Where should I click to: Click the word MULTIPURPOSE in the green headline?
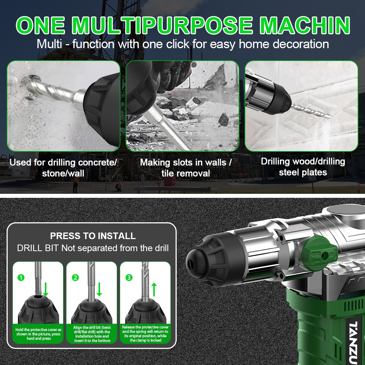(x=162, y=26)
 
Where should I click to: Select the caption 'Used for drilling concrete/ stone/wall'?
(x=63, y=168)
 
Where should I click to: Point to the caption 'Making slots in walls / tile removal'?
(x=186, y=168)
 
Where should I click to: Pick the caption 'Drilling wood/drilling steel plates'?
(x=303, y=167)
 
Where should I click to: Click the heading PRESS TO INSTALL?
(x=93, y=236)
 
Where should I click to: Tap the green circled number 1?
(x=21, y=277)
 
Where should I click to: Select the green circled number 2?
(x=75, y=277)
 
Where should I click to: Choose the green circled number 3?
(x=129, y=277)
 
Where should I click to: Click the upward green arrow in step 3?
(x=154, y=289)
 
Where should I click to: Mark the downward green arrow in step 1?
(x=46, y=289)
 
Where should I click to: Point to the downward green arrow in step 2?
(x=99, y=289)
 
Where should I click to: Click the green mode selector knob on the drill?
(x=319, y=254)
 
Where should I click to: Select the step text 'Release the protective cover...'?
(x=146, y=334)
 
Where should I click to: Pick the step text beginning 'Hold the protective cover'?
(x=38, y=334)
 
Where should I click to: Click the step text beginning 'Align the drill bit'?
(x=92, y=334)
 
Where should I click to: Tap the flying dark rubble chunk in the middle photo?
(x=223, y=119)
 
